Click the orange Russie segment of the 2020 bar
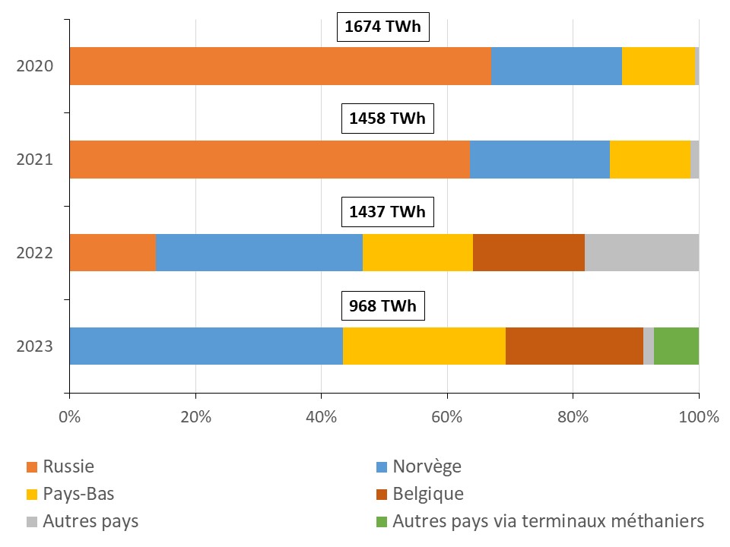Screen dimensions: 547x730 280,66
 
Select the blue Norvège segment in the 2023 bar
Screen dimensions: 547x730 206,346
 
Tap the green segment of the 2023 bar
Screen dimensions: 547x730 676,346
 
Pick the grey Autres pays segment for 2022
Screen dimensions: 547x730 642,252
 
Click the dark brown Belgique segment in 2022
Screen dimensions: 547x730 528,252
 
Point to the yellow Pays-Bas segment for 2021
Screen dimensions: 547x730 649,160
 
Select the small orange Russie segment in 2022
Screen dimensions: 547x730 113,252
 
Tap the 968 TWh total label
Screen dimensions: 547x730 383,306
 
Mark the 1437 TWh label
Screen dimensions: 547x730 387,212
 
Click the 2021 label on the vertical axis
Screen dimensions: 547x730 35,160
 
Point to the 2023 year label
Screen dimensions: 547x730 35,346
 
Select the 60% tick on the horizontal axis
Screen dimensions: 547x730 447,416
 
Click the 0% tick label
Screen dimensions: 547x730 70,416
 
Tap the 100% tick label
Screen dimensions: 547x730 698,416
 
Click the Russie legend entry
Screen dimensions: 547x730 68,466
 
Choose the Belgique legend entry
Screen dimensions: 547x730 427,495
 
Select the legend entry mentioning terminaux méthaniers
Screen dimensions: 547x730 548,522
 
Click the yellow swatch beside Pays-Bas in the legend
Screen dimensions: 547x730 32,495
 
